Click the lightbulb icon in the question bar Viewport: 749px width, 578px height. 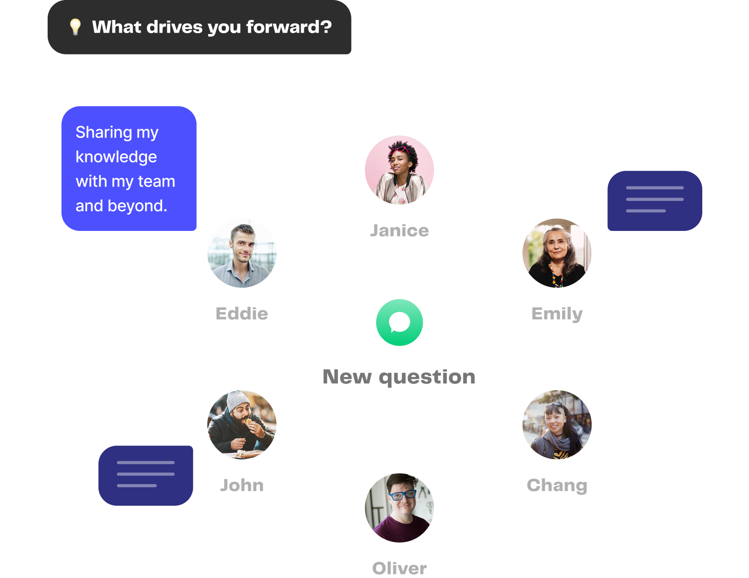coord(75,27)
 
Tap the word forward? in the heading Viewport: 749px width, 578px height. coord(289,27)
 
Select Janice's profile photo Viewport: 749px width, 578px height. coord(399,170)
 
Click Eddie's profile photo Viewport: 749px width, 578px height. coord(242,253)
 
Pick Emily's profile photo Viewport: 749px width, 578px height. coord(557,253)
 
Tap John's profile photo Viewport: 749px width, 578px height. coord(242,425)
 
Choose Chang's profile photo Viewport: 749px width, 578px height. coord(557,425)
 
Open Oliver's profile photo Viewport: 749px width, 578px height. coord(399,508)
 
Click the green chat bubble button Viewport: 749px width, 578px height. coord(399,323)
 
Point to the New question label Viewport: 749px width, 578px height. coord(399,377)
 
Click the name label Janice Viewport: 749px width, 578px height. coord(399,230)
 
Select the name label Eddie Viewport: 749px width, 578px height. coord(242,313)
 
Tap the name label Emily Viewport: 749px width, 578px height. coord(557,313)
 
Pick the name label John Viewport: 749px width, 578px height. coord(242,485)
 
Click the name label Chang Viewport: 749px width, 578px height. coord(557,485)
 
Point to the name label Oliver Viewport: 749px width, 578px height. coord(399,568)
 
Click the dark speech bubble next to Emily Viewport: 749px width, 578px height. coord(655,201)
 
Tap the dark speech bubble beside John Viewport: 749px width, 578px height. coord(146,475)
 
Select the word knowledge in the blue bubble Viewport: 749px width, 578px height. coord(116,157)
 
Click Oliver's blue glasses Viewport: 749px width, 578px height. coord(401,495)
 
